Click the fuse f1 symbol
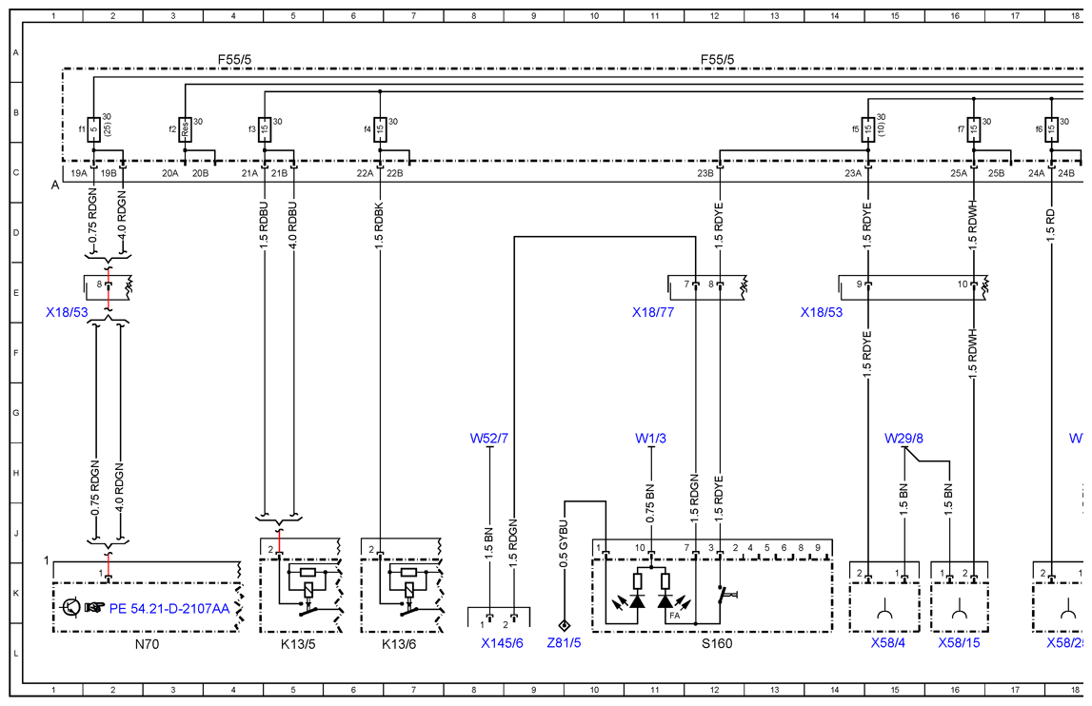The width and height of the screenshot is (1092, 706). coord(93,129)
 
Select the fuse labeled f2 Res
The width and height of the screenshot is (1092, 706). coord(185,129)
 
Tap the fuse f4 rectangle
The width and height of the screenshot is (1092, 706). coord(380,129)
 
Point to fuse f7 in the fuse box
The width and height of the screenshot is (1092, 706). coord(974,129)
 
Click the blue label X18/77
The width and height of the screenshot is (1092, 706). coord(653,313)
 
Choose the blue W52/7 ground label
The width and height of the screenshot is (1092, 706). coord(489,439)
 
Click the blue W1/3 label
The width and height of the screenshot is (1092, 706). coord(650,439)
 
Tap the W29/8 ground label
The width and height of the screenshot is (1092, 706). coord(903,439)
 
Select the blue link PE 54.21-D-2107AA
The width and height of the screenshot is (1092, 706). coord(169,609)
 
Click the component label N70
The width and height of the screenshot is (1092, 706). coord(147,644)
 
